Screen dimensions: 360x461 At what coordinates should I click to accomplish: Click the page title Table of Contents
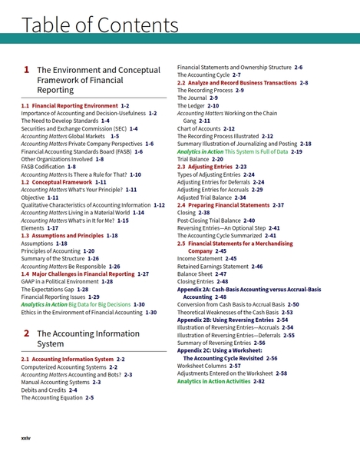101,25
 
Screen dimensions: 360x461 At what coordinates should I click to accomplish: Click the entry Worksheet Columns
203,366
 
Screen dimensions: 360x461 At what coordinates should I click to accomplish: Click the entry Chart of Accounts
200,128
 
